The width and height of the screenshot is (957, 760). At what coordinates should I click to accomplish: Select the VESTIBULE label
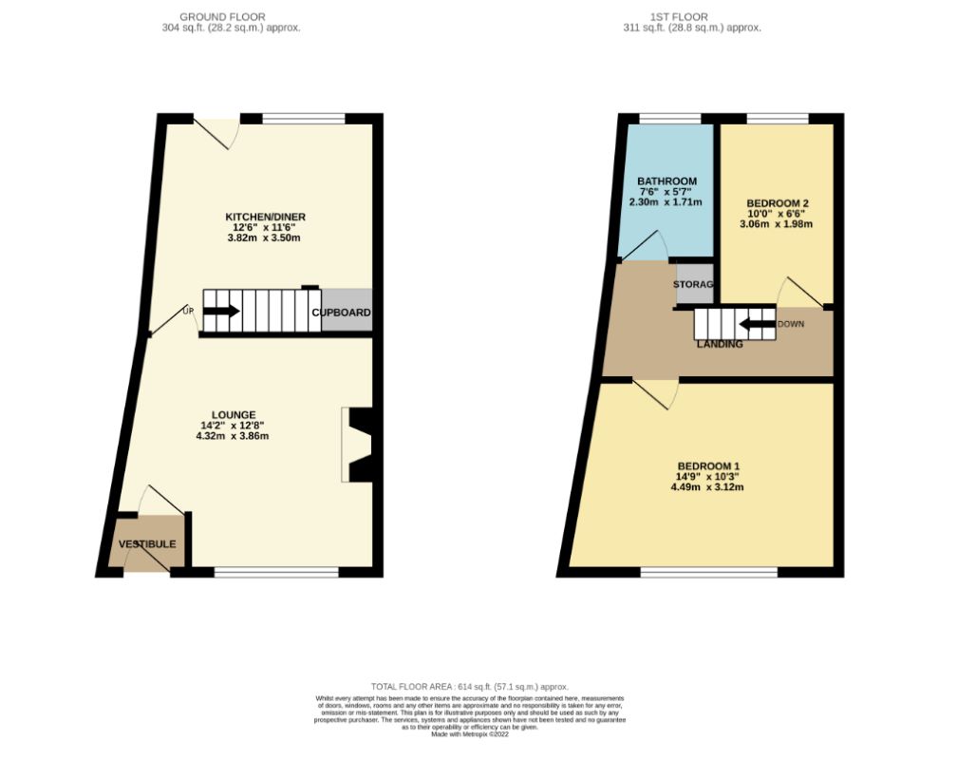pyautogui.click(x=147, y=544)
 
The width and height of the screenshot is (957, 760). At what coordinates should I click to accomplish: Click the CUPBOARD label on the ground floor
pyautogui.click(x=342, y=313)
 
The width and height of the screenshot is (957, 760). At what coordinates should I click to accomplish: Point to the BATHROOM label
pyautogui.click(x=666, y=181)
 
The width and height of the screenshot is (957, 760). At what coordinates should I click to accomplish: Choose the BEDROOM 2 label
pyautogui.click(x=777, y=203)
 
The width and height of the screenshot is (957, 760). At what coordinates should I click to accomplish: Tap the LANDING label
pyautogui.click(x=720, y=344)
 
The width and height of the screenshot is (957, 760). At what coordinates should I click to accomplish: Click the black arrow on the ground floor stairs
pyautogui.click(x=222, y=311)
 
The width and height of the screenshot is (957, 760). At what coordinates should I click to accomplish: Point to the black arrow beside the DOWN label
pyautogui.click(x=757, y=324)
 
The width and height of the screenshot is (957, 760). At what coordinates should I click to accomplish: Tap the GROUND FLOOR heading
pyautogui.click(x=222, y=16)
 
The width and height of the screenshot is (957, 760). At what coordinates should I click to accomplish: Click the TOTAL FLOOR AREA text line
pyautogui.click(x=471, y=686)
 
